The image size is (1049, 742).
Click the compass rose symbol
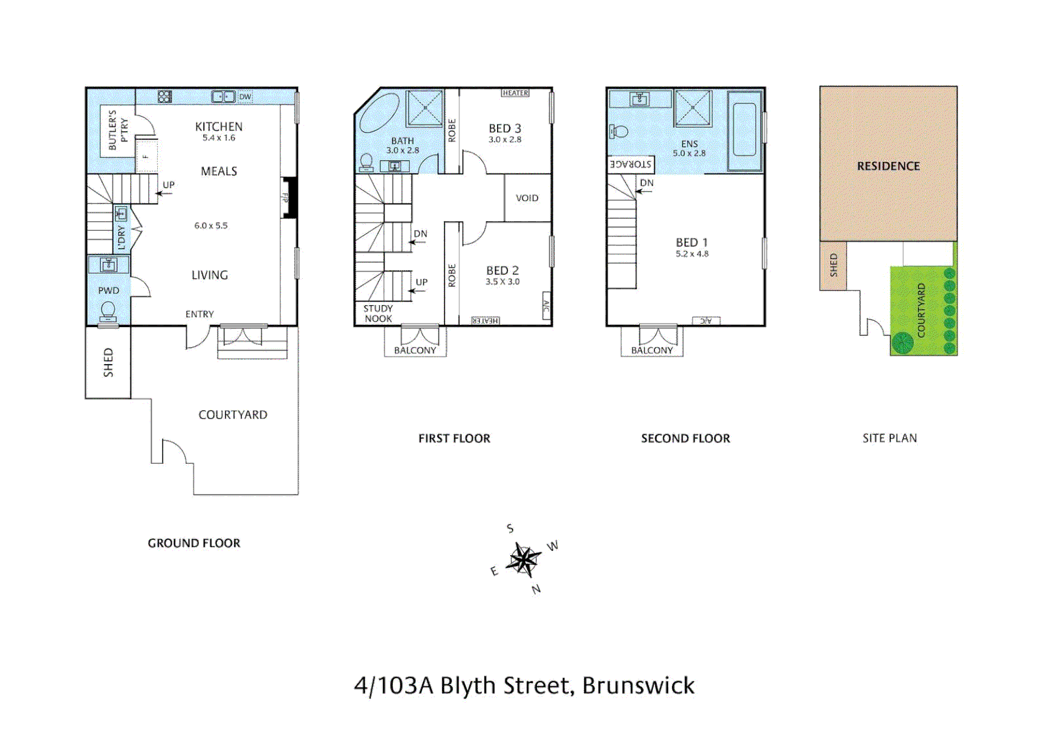click(523, 560)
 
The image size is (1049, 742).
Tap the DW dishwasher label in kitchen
click(245, 97)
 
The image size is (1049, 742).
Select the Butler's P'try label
click(118, 130)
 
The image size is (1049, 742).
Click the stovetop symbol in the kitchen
click(165, 97)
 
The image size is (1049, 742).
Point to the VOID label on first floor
click(527, 198)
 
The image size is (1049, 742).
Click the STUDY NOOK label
click(378, 313)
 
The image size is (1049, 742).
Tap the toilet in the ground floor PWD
click(108, 312)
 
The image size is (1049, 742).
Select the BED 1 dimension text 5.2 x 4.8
click(692, 254)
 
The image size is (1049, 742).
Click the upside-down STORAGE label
click(630, 164)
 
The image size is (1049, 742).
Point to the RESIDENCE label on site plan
click(888, 166)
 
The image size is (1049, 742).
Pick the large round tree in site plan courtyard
click(902, 341)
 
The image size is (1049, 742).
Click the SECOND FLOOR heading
click(685, 438)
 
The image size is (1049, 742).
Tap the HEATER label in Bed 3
click(515, 93)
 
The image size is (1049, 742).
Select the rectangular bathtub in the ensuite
click(744, 130)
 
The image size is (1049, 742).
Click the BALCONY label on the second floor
click(652, 350)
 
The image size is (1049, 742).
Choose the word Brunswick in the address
click(638, 686)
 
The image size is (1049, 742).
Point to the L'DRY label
click(122, 237)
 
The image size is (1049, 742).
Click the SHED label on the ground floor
click(108, 362)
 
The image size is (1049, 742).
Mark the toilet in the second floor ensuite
click(619, 131)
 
